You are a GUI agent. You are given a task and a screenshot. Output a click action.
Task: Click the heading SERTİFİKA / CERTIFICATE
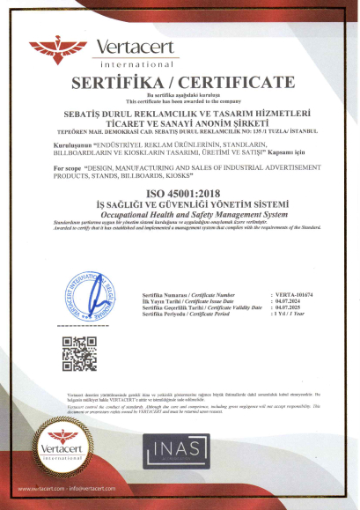(x=180, y=82)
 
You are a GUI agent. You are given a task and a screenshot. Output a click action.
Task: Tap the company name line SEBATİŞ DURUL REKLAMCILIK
(x=180, y=113)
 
